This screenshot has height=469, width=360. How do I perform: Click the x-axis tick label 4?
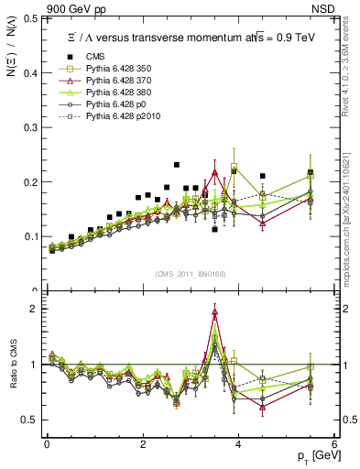pyautogui.click(x=238, y=444)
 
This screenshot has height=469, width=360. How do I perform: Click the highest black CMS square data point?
pyautogui.click(x=177, y=165)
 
